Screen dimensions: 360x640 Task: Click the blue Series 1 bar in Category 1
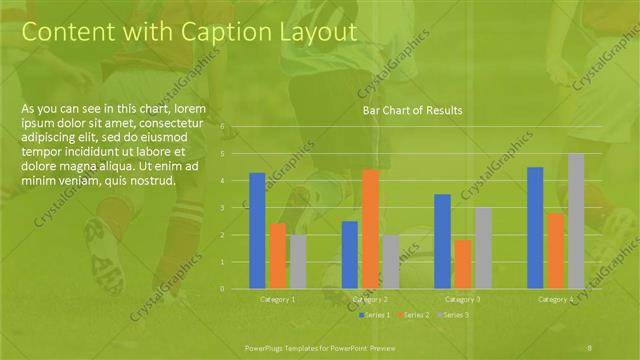[x=257, y=230]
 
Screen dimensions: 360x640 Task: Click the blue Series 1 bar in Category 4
[x=535, y=227]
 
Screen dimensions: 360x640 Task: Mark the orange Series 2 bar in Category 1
[x=278, y=255]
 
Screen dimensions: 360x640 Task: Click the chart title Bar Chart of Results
[x=412, y=112]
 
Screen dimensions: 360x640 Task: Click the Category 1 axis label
[x=278, y=299]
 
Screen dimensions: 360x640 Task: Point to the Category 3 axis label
[x=462, y=299]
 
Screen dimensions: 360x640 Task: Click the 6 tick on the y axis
[x=236, y=127]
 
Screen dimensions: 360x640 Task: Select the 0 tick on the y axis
[x=236, y=288]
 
